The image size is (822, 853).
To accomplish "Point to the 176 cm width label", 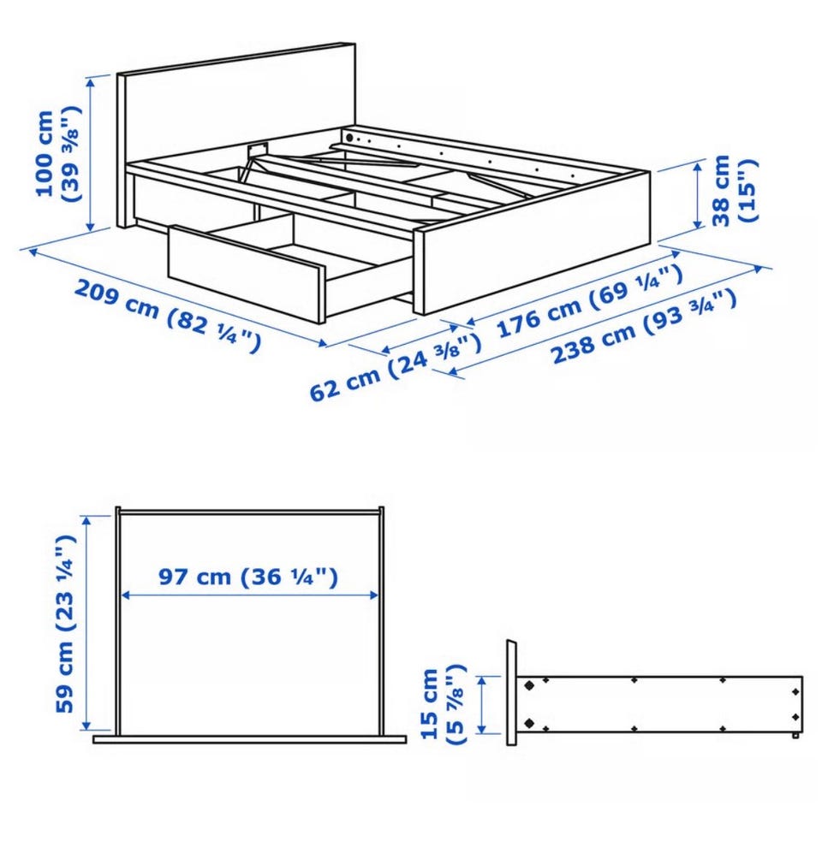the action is tap(590, 299).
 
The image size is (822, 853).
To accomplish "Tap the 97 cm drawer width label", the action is tap(248, 577).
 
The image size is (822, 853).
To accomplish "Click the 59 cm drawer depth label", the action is tap(65, 624).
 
